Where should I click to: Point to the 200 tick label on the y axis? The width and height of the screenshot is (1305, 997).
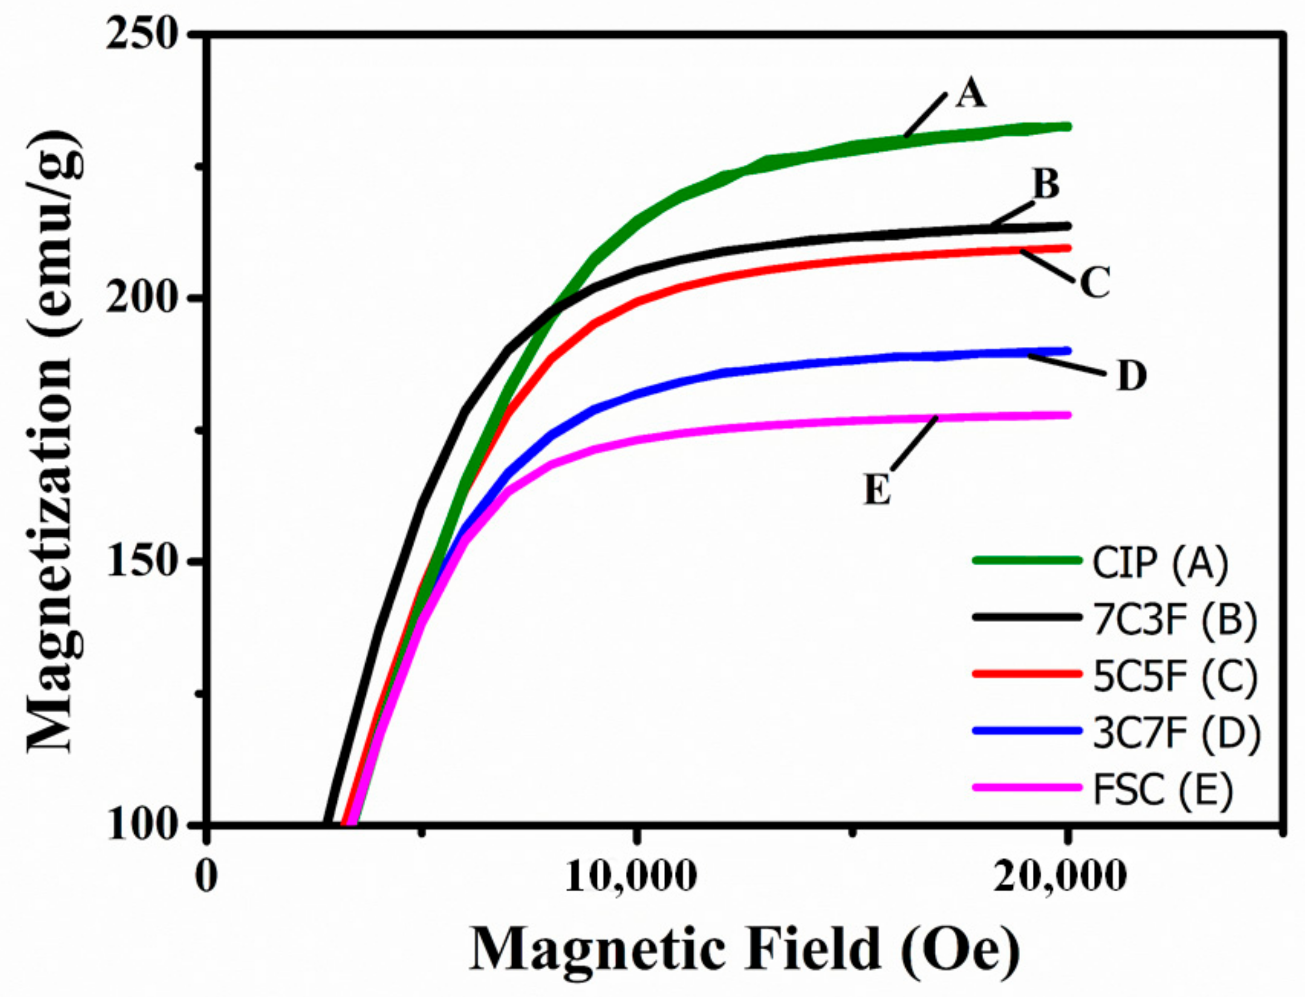[142, 298]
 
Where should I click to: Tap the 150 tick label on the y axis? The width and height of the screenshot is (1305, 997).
[142, 562]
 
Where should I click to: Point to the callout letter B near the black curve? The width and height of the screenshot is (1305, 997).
[1046, 185]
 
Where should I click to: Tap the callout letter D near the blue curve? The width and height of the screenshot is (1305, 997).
[1132, 376]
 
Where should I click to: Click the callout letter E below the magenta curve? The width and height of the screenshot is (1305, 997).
[877, 490]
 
